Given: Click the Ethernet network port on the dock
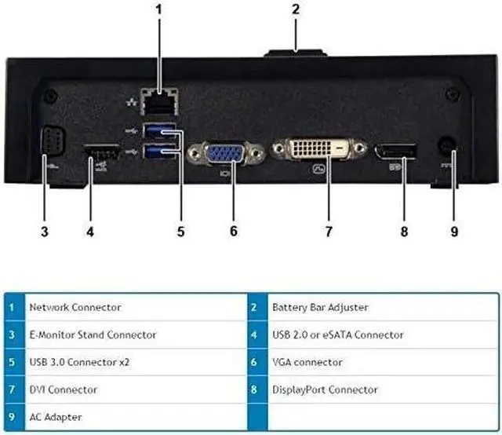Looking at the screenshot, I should click(157, 100).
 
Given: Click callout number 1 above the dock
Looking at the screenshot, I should click(158, 10).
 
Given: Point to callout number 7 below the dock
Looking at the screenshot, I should click(329, 231).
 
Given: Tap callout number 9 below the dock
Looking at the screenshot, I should click(454, 231).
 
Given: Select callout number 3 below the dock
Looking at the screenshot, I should click(45, 231).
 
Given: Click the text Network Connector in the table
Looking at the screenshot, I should click(75, 307).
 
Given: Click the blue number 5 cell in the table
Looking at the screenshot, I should click(12, 362).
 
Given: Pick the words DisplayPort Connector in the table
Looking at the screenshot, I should click(325, 389).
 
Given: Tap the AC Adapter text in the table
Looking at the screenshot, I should click(55, 417).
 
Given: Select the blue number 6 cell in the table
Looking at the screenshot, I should click(255, 362).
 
